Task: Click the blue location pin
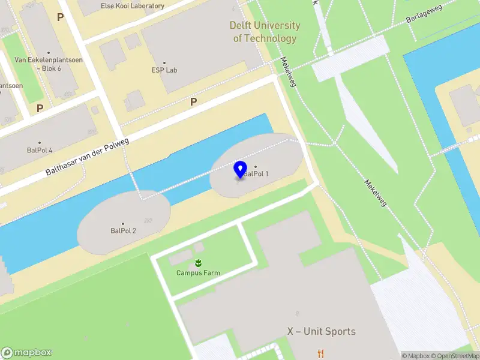pyautogui.click(x=241, y=169)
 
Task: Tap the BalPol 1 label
pyautogui.click(x=256, y=174)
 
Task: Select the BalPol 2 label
pyautogui.click(x=123, y=230)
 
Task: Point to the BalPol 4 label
pyautogui.click(x=40, y=150)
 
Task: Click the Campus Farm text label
pyautogui.click(x=198, y=273)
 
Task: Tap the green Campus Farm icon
pyautogui.click(x=198, y=263)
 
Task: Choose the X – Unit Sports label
pyautogui.click(x=321, y=331)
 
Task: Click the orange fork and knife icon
pyautogui.click(x=321, y=353)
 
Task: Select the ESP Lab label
pyautogui.click(x=164, y=70)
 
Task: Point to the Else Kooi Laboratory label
pyautogui.click(x=133, y=6)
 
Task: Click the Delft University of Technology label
pyautogui.click(x=265, y=32)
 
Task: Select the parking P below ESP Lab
pyautogui.click(x=193, y=102)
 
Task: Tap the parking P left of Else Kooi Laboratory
pyautogui.click(x=60, y=17)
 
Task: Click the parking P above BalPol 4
pyautogui.click(x=40, y=108)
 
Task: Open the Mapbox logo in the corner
pyautogui.click(x=26, y=353)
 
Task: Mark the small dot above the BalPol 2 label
pyautogui.click(x=123, y=224)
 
